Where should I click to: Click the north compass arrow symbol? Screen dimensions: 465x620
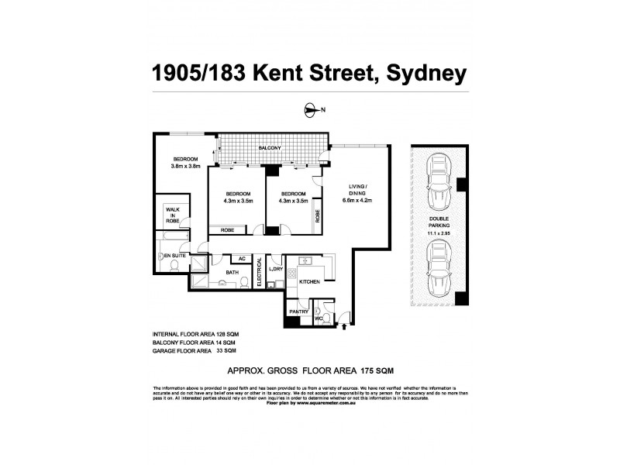pyautogui.click(x=312, y=111)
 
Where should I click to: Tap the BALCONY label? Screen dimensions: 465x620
pyautogui.click(x=269, y=148)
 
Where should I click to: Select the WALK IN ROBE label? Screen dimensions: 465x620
pyautogui.click(x=172, y=213)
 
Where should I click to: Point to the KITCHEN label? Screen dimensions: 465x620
pyautogui.click(x=310, y=282)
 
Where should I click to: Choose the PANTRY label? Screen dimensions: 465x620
pyautogui.click(x=298, y=312)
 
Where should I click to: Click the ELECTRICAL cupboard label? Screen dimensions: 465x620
pyautogui.click(x=260, y=274)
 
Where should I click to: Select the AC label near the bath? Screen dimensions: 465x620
pyautogui.click(x=241, y=259)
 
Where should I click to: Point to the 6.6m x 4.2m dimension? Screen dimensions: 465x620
pyautogui.click(x=357, y=201)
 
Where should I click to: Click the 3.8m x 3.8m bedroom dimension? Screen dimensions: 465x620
pyautogui.click(x=185, y=166)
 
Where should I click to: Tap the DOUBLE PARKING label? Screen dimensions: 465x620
pyautogui.click(x=438, y=224)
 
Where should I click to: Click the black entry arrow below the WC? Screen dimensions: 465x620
pyautogui.click(x=344, y=316)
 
